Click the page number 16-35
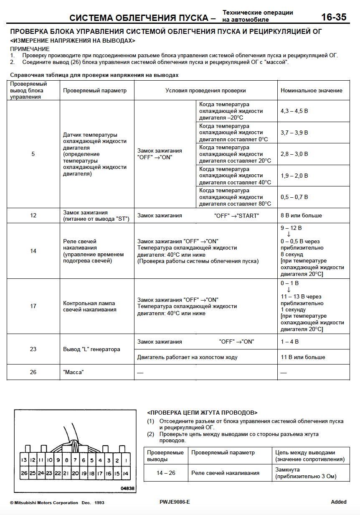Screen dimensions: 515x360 [x=334, y=17]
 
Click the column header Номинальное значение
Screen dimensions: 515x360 [x=311, y=90]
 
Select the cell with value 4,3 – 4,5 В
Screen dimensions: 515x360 [x=294, y=111]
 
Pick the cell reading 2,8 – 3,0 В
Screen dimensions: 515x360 [x=294, y=154]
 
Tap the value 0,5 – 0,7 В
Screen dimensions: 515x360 [x=294, y=197]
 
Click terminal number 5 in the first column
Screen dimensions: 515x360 [x=33, y=154]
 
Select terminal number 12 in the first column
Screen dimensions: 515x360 [x=33, y=216]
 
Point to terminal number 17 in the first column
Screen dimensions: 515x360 [x=33, y=306]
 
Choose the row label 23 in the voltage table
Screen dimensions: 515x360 [x=33, y=349]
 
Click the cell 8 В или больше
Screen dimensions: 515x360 [x=301, y=216]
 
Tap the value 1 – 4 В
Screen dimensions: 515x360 [x=289, y=342]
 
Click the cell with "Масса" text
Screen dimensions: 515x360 [x=73, y=372]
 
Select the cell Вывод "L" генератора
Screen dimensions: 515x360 [x=91, y=349]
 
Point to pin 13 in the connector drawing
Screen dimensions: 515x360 [x=24, y=460]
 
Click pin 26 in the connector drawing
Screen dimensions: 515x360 [x=24, y=473]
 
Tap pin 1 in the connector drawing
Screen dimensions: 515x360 [x=126, y=460]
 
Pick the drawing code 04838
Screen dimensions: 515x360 [x=127, y=488]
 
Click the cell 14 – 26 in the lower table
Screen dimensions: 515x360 [x=166, y=473]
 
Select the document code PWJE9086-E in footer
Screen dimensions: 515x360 [x=175, y=502]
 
